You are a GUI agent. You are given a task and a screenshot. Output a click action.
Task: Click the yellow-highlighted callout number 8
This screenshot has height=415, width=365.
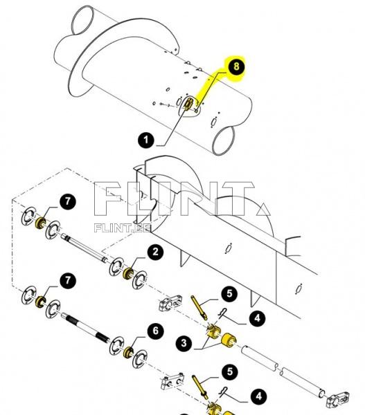coord(235,68)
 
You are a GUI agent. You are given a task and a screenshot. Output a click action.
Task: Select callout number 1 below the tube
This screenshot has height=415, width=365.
coord(146,140)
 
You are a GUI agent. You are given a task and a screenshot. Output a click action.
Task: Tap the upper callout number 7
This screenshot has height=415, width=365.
coord(67,202)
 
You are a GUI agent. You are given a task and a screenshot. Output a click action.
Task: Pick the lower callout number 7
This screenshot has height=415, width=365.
coord(67,281)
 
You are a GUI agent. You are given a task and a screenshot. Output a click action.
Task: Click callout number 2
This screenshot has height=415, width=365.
coord(156,252)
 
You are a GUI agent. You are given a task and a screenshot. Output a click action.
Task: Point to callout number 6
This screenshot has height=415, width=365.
coord(155,332)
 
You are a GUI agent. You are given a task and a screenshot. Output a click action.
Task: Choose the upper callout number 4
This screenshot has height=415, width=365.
coord(257,318)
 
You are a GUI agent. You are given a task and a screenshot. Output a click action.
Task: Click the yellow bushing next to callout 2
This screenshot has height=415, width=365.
coord(127,272)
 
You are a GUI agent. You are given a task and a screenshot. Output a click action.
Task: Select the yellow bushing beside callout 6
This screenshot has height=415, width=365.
coord(127,351)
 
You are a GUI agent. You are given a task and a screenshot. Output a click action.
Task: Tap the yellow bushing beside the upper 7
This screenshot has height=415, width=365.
coord(41,222)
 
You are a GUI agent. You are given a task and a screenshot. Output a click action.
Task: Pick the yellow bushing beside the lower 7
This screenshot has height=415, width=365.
coord(41,300)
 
